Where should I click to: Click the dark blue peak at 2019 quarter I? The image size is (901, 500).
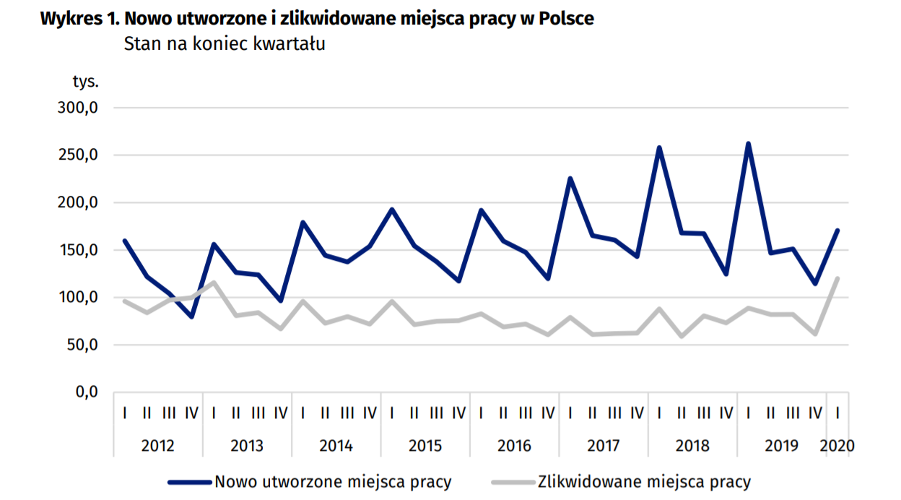coord(748,144)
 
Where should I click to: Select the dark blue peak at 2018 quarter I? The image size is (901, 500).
coord(659,148)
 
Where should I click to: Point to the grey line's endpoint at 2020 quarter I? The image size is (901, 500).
coord(837,278)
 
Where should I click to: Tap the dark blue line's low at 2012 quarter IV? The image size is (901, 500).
coord(192,316)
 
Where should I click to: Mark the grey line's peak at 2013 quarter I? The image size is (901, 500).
coord(214,283)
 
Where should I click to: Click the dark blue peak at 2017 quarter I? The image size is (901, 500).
coord(570,178)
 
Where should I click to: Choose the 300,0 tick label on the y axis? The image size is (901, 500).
coord(77,108)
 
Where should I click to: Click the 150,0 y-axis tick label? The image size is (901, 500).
coord(77,251)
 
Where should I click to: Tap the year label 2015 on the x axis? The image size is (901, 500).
coord(425,445)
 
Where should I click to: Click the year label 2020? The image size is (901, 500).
coord(837,445)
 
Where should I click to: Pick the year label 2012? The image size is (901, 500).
coord(158,445)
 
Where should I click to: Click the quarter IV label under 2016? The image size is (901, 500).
coord(548,413)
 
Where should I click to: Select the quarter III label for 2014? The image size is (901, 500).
coord(347,413)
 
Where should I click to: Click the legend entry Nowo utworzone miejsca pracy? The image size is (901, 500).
coord(333,481)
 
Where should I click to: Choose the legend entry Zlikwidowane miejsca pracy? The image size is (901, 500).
coord(644,481)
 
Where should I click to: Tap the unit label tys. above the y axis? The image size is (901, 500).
coord(85,81)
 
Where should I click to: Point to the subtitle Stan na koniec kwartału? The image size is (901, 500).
coord(225,43)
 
